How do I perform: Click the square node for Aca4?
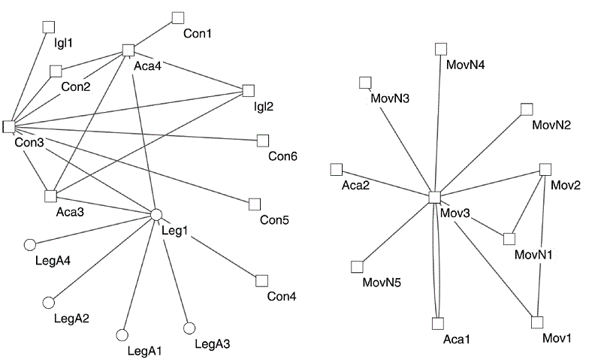coord(128,50)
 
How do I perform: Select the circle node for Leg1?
coord(156,214)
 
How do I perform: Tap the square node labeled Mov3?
coord(434,197)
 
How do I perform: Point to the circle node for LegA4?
coord(30,244)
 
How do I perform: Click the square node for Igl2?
coord(249,91)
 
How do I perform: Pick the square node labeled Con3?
coord(9,126)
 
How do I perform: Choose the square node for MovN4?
coord(441,49)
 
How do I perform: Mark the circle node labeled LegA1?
coord(122,335)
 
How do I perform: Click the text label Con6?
coord(282,156)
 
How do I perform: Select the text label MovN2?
coord(551,125)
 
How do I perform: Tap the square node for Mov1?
coord(536,322)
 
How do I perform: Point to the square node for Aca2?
coord(337,169)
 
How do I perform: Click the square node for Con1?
coord(178,17)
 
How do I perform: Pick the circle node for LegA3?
coord(189,328)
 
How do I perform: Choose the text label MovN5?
coord(382,283)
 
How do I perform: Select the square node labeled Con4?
coord(261,280)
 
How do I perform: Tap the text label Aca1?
coord(456,340)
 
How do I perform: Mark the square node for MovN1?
coord(509,239)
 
